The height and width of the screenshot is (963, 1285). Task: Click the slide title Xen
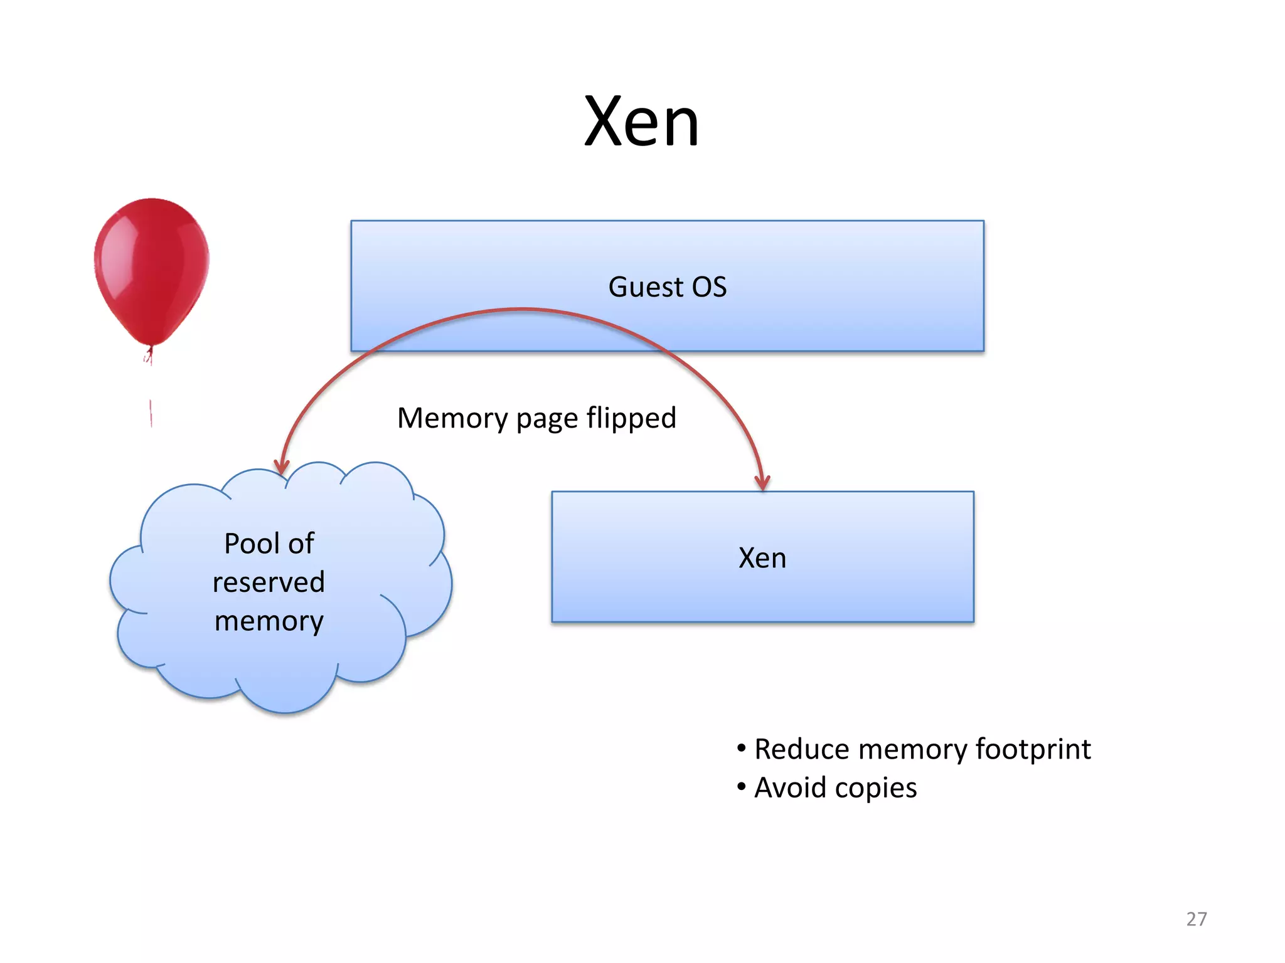pyautogui.click(x=641, y=122)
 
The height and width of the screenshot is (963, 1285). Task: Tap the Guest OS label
pyautogui.click(x=667, y=287)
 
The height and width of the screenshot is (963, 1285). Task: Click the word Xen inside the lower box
pyautogui.click(x=762, y=558)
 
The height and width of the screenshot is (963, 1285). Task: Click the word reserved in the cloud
pyautogui.click(x=269, y=582)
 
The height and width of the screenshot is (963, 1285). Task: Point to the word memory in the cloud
pyautogui.click(x=269, y=621)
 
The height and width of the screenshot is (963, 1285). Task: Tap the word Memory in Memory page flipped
pyautogui.click(x=452, y=418)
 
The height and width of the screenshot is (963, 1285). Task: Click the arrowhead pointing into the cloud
pyautogui.click(x=282, y=466)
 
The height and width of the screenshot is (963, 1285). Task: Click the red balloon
pyautogui.click(x=151, y=270)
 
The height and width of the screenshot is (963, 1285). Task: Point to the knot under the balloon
pyautogui.click(x=149, y=355)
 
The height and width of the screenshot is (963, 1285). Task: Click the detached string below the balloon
pyautogui.click(x=151, y=413)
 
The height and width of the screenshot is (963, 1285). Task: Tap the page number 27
pyautogui.click(x=1196, y=919)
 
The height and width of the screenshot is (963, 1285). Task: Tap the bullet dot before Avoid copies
pyautogui.click(x=742, y=786)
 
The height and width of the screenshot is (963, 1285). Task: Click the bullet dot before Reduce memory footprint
pyautogui.click(x=742, y=747)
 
